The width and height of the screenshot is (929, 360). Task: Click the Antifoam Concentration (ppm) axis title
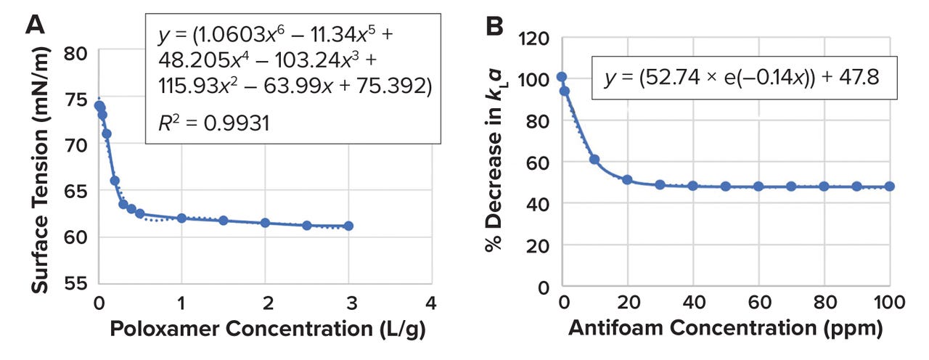pyautogui.click(x=726, y=328)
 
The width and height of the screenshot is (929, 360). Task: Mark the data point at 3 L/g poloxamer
pyautogui.click(x=349, y=226)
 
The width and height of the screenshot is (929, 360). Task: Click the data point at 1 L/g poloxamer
pyautogui.click(x=181, y=218)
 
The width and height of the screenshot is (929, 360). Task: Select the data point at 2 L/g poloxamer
pyautogui.click(x=265, y=223)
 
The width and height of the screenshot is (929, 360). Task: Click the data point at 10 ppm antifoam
pyautogui.click(x=594, y=159)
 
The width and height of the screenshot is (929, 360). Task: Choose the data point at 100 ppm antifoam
pyautogui.click(x=890, y=187)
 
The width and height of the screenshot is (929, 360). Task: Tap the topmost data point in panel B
pyautogui.click(x=562, y=77)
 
